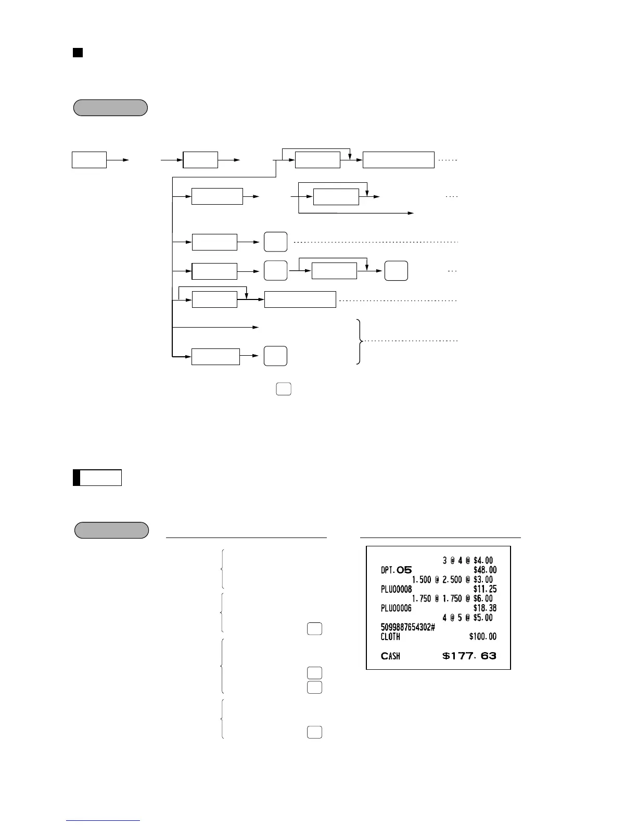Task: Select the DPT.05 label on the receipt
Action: [396, 570]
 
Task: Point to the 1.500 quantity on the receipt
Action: [421, 580]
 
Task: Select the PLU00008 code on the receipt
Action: [396, 589]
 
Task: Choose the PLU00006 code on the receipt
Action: [396, 608]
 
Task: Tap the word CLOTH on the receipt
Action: [390, 636]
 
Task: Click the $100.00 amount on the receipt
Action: [482, 636]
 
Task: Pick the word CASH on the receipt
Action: [390, 656]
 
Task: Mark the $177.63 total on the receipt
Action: [469, 656]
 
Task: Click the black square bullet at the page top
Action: [78, 53]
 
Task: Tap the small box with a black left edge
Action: [97, 478]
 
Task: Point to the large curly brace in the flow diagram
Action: [359, 341]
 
